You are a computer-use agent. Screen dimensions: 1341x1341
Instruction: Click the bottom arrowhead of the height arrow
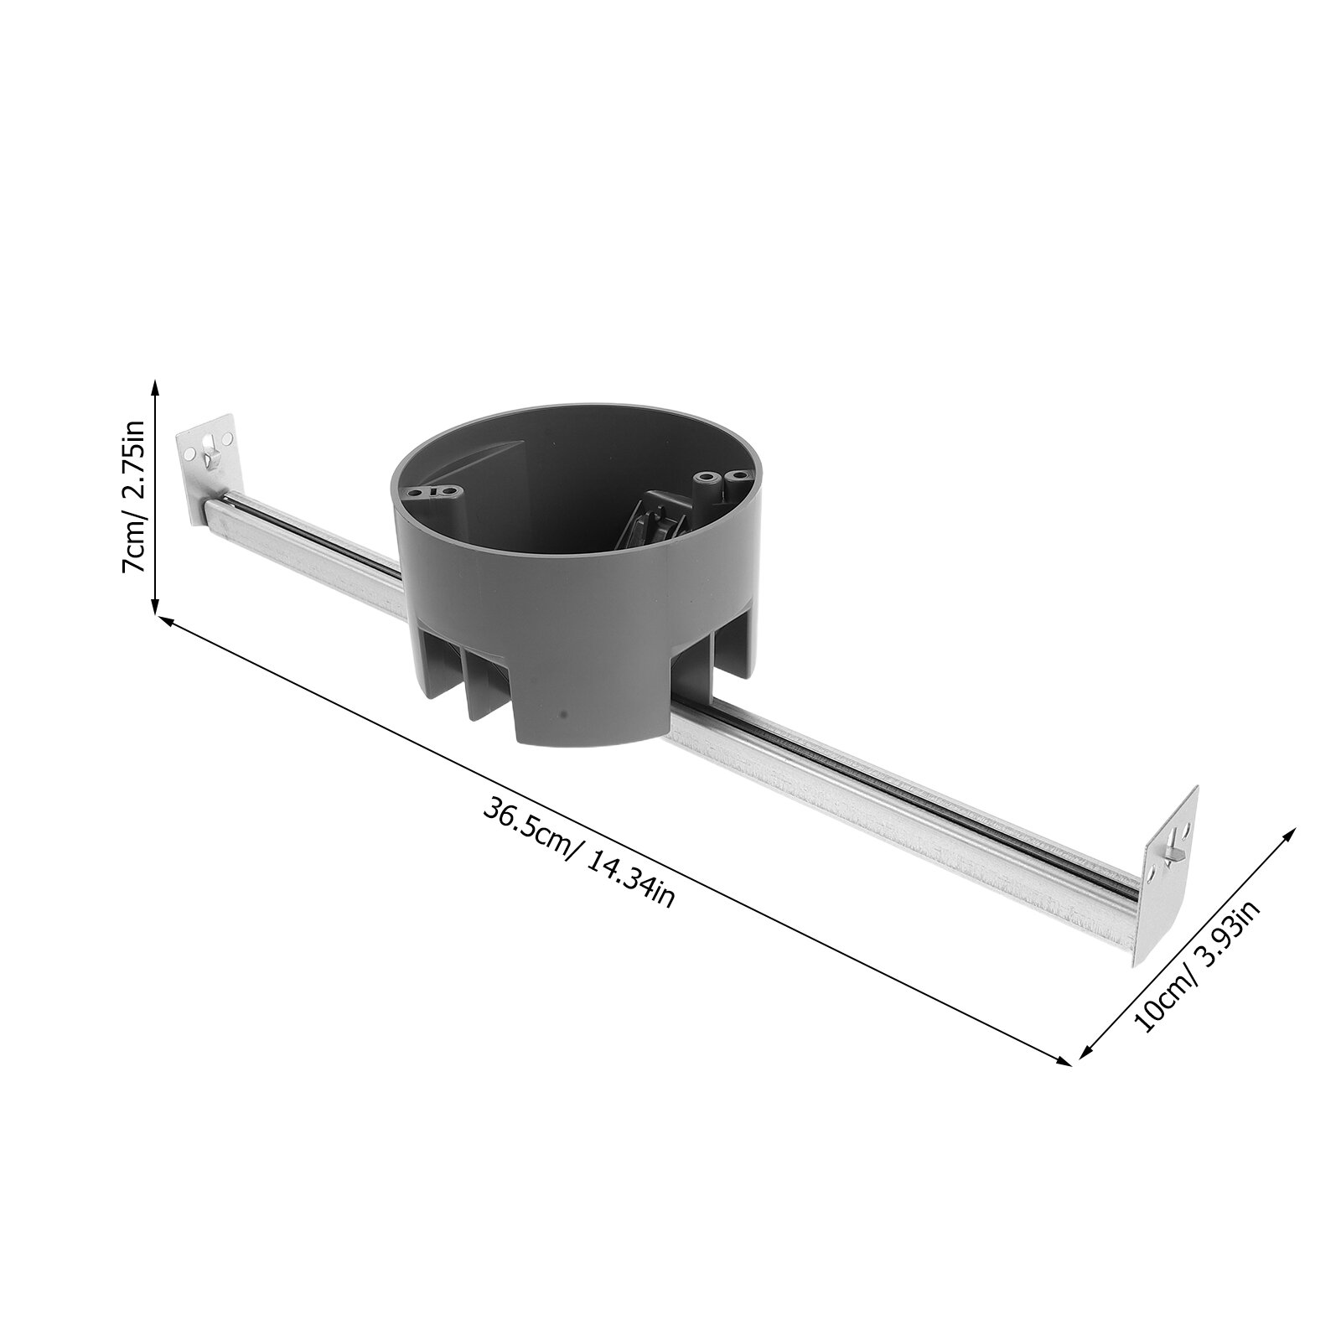pyautogui.click(x=154, y=607)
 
